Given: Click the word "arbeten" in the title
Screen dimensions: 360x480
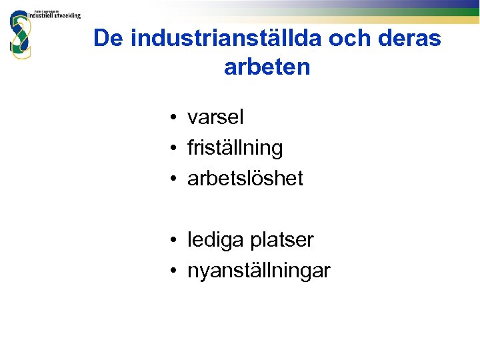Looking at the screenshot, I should click(267, 67).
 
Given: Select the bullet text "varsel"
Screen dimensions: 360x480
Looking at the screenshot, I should click(216, 117).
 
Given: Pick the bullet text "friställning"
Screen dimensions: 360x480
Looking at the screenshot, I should click(235, 148).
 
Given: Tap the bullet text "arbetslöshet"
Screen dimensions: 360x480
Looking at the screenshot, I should click(245, 179).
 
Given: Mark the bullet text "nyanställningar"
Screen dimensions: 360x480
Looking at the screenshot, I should click(259, 271).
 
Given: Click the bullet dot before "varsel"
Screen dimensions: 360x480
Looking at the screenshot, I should click(173, 119).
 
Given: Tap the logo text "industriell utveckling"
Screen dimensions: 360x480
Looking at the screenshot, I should click(55, 16).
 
